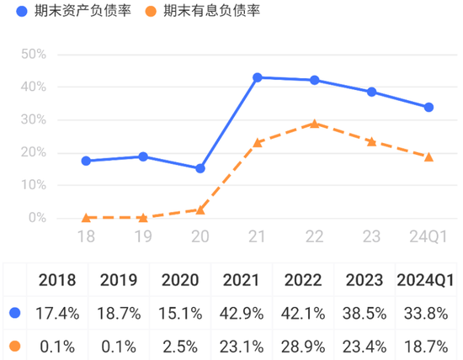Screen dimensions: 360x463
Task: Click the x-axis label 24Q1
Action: [428, 238]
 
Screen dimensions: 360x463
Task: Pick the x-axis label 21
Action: [258, 238]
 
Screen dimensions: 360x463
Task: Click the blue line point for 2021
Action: [258, 77]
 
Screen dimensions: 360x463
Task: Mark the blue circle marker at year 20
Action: [200, 168]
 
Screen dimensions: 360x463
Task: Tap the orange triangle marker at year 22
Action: [315, 124]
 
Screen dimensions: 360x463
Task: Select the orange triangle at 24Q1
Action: [428, 156]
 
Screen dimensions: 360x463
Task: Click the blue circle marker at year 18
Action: [86, 161]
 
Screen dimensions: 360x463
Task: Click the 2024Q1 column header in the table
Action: [425, 279]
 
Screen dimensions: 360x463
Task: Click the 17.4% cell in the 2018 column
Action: [58, 313]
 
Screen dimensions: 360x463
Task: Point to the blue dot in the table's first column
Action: [14, 313]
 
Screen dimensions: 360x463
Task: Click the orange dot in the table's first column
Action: [14, 345]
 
